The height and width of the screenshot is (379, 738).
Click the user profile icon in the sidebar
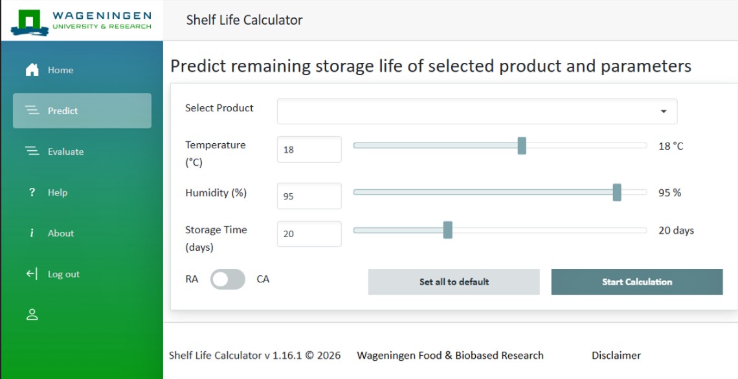(x=32, y=314)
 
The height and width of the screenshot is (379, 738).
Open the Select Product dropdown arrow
(x=664, y=111)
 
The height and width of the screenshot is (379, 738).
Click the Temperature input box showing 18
(x=309, y=149)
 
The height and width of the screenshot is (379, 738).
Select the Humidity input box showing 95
(x=309, y=196)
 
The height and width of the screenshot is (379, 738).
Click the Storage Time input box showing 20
(x=309, y=233)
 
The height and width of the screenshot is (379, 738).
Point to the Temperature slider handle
(x=522, y=146)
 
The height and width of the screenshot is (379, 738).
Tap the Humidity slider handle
(x=617, y=192)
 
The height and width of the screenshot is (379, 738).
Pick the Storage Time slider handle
(x=447, y=230)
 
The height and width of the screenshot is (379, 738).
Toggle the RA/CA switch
(x=228, y=279)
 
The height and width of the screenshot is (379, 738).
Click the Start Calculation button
(x=637, y=282)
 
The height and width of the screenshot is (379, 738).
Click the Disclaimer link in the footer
(x=616, y=356)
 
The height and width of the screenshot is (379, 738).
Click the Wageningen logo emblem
(x=30, y=22)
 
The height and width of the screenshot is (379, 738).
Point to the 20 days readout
(x=676, y=231)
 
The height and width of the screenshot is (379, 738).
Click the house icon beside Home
(x=32, y=70)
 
